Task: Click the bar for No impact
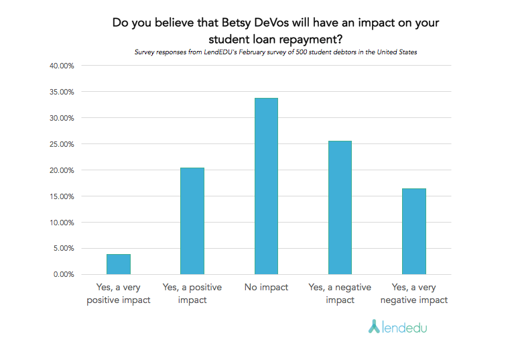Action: click(266, 186)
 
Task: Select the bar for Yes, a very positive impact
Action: click(119, 264)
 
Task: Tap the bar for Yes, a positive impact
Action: click(192, 221)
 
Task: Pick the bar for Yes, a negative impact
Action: click(340, 208)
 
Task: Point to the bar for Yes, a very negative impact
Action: click(413, 231)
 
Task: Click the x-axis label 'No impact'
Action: click(266, 288)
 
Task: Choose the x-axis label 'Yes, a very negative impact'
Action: click(413, 294)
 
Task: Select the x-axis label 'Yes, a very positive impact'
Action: click(119, 294)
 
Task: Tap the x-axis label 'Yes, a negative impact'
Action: click(340, 294)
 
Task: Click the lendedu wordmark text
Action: click(405, 327)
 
